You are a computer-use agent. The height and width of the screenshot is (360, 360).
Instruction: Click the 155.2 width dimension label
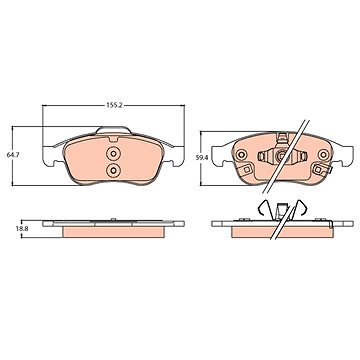[x=115, y=105]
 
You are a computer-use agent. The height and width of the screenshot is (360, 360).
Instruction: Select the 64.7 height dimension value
[x=13, y=155]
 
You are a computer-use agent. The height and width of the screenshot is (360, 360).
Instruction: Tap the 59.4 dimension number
[x=202, y=158]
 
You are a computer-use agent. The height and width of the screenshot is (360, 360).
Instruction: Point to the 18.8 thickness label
[x=13, y=229]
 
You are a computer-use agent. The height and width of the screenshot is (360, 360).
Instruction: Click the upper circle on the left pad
[x=113, y=154]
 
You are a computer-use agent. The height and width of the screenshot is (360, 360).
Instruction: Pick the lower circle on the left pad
[x=113, y=171]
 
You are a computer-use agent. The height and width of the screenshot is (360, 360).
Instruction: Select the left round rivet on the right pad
[x=241, y=154]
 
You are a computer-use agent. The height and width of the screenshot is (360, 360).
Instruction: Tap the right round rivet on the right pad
[x=323, y=154]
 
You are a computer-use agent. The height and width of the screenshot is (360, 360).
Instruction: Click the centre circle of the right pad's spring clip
[x=282, y=155]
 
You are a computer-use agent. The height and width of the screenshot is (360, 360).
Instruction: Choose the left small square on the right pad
[x=246, y=169]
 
